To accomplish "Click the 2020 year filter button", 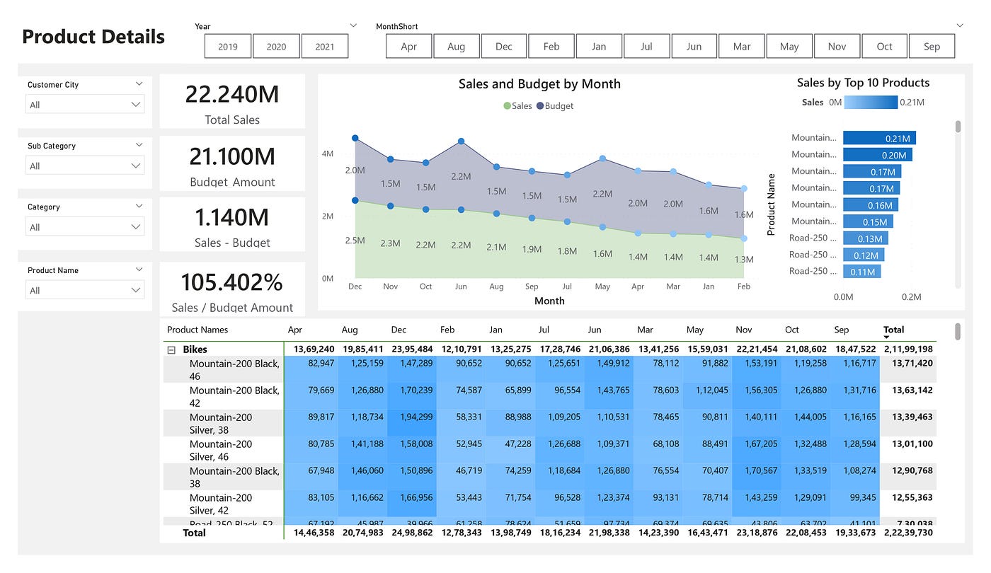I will (276, 47).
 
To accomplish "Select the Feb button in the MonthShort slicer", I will (551, 47).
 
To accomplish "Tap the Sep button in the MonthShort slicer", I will (932, 47).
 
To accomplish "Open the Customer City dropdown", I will (85, 105).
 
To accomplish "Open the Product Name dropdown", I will (85, 290).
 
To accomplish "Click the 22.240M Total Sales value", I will (232, 94).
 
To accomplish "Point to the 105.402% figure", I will (232, 282).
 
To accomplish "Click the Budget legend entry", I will (555, 106).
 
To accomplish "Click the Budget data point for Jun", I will (462, 141).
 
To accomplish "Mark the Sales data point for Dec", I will (355, 201).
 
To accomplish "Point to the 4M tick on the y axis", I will (328, 154).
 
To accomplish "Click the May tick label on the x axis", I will (602, 286).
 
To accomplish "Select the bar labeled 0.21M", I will (879, 138).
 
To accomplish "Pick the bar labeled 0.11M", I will (861, 272).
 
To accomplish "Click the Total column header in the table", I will (893, 330).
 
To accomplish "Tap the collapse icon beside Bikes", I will (171, 349).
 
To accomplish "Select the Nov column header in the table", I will (743, 330).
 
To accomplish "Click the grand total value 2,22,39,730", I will (908, 533).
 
